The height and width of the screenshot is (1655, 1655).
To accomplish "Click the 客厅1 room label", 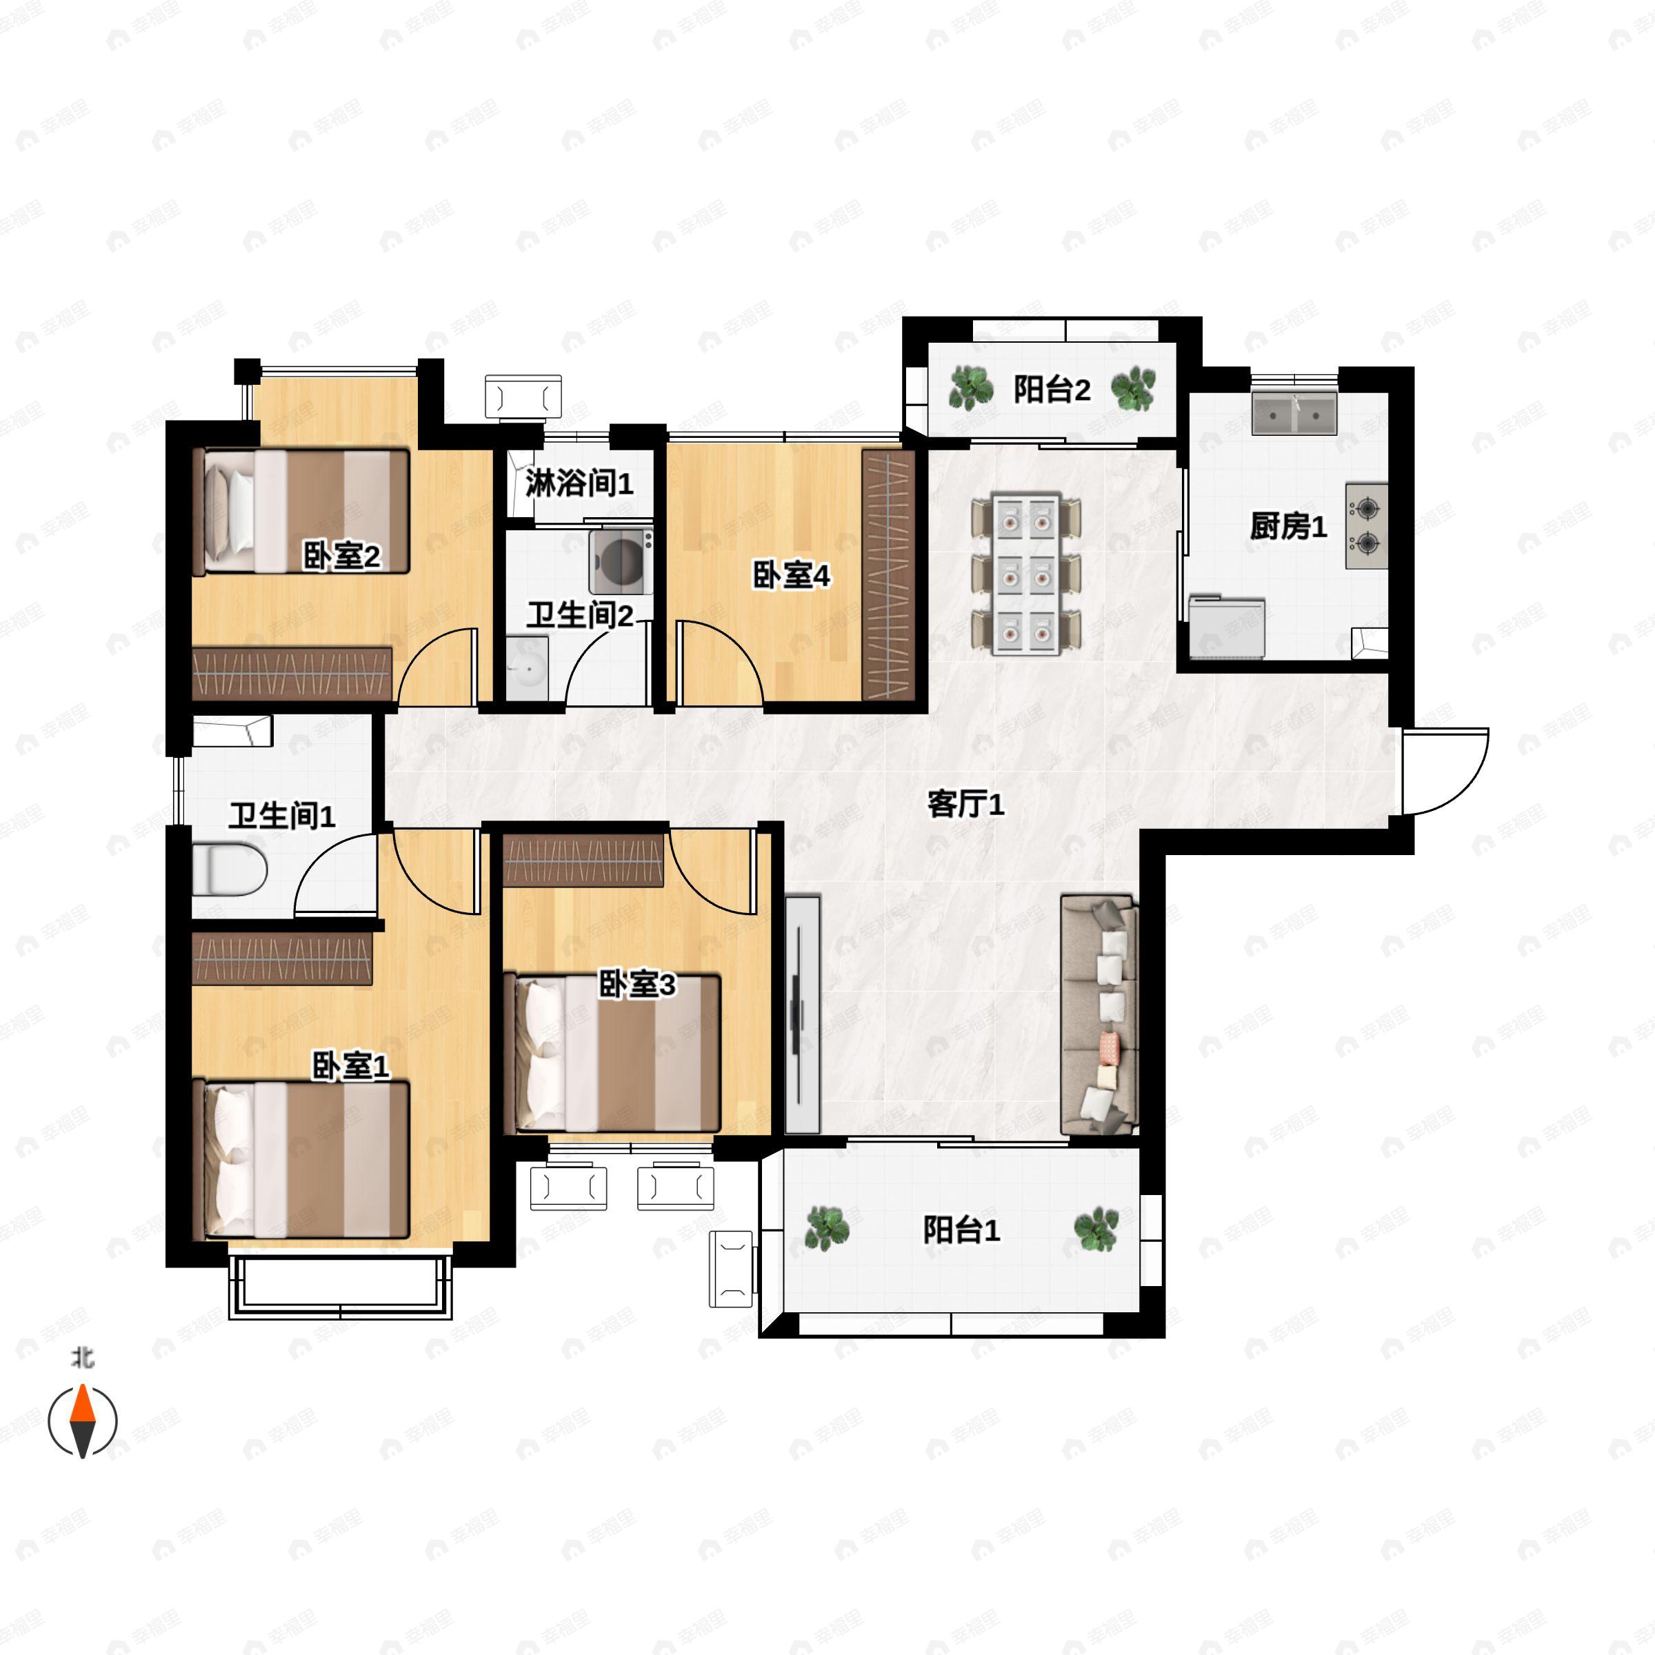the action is pos(965,804).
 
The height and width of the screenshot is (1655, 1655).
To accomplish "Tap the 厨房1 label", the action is pos(1287,526).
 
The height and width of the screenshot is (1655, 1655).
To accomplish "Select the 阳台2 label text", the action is pos(1052,390).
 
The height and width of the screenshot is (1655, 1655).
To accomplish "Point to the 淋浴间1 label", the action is pos(579,483).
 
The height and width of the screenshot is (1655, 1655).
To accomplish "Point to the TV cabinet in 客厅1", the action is pos(803,1014).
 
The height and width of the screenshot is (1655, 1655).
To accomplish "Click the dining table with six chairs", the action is pos(1026,574).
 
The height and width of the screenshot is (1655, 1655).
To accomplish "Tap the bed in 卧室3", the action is pos(616,1053).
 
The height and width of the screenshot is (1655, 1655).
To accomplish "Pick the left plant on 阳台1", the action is pos(827,1228).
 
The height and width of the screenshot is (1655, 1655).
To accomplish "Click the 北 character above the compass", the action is pos(82,1358).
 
